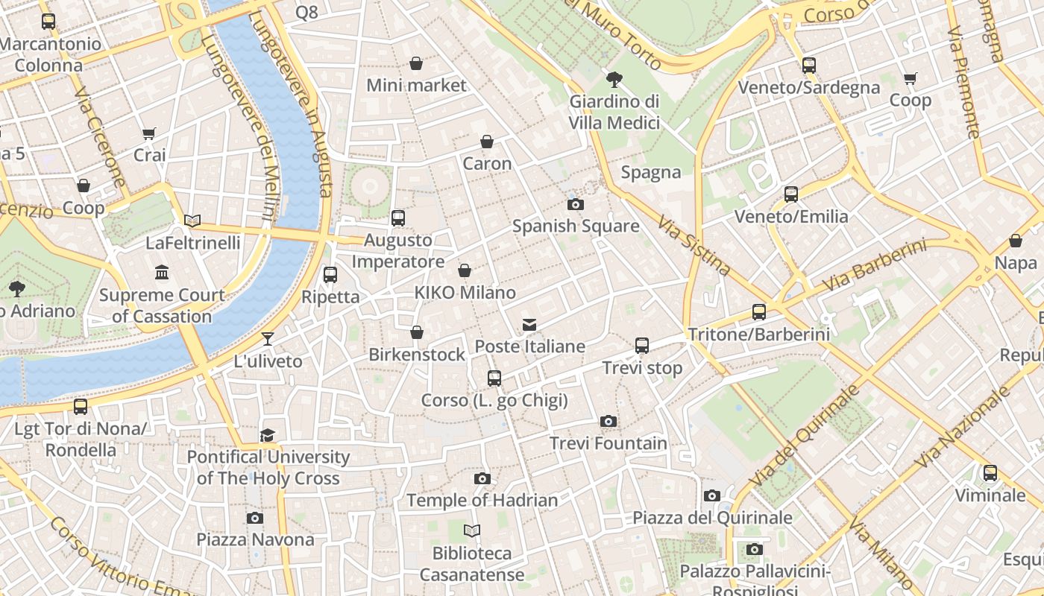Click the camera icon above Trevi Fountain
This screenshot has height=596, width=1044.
pyautogui.click(x=609, y=422)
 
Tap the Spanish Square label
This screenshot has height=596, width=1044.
pyautogui.click(x=576, y=226)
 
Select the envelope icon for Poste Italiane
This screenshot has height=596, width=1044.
pyautogui.click(x=529, y=324)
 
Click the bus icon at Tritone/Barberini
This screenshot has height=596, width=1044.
pyautogui.click(x=759, y=312)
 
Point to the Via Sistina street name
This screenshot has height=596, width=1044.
pyautogui.click(x=694, y=245)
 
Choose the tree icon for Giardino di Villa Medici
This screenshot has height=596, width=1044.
pyautogui.click(x=614, y=79)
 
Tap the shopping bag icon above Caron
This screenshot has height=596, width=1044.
pyautogui.click(x=487, y=142)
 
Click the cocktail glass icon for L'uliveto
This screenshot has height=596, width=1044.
pyautogui.click(x=268, y=340)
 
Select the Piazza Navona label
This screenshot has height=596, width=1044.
pyautogui.click(x=255, y=539)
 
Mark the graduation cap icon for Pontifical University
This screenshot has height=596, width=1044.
pyautogui.click(x=268, y=435)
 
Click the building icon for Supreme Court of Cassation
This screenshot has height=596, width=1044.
pyautogui.click(x=162, y=273)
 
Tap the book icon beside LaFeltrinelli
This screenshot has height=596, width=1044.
pyautogui.click(x=192, y=221)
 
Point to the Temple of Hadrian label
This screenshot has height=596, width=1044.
pyautogui.click(x=482, y=501)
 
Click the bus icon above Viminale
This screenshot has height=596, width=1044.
pyautogui.click(x=990, y=473)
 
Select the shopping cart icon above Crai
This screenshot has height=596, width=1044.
pyautogui.click(x=149, y=134)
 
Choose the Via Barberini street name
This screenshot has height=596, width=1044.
pyautogui.click(x=874, y=266)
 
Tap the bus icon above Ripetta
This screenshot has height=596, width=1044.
pyautogui.click(x=330, y=275)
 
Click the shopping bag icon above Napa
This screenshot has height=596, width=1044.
pyautogui.click(x=1016, y=241)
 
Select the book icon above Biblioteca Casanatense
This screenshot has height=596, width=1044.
pyautogui.click(x=472, y=530)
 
